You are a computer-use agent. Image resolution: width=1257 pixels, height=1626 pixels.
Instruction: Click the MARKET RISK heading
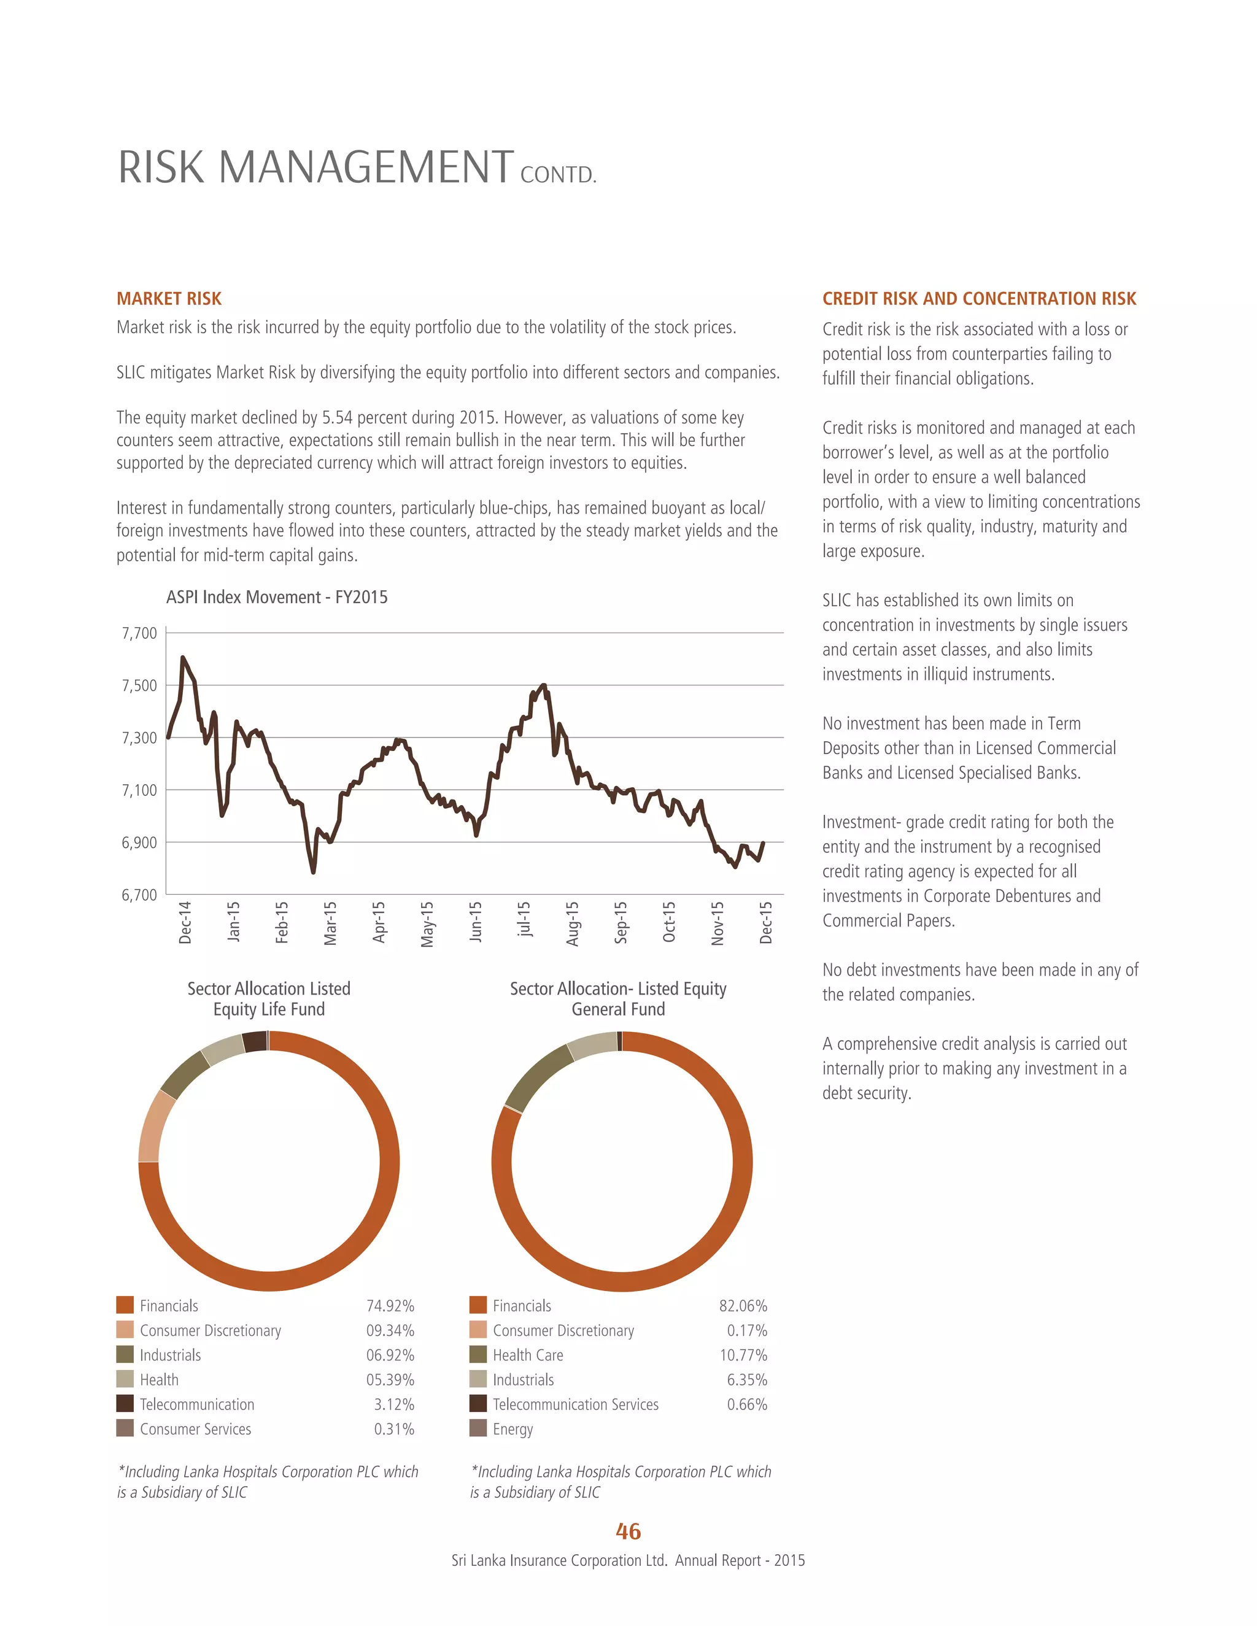pyautogui.click(x=169, y=299)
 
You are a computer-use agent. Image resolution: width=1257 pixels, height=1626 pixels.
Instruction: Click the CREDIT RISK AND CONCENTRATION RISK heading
pyautogui.click(x=978, y=299)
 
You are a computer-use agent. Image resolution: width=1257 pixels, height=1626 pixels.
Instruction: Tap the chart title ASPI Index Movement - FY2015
pyautogui.click(x=276, y=597)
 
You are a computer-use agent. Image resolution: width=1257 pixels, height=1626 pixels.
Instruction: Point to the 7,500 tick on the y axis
pyautogui.click(x=139, y=685)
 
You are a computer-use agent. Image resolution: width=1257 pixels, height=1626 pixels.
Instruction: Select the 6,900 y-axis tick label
pyautogui.click(x=139, y=842)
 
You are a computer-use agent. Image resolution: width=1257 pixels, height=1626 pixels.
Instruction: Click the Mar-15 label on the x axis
pyautogui.click(x=330, y=923)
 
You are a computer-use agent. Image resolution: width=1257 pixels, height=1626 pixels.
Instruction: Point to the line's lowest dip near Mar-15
pyautogui.click(x=314, y=872)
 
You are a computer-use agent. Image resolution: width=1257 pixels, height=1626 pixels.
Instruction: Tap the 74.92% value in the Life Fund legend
pyautogui.click(x=390, y=1306)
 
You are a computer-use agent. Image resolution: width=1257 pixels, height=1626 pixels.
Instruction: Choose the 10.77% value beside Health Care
pyautogui.click(x=743, y=1355)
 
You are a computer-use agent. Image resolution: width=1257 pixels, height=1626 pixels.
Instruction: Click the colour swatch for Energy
pyautogui.click(x=478, y=1428)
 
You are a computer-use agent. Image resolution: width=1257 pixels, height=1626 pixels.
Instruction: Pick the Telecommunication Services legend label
pyautogui.click(x=575, y=1404)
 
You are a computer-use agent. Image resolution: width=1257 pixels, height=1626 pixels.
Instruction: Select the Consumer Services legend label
pyautogui.click(x=195, y=1428)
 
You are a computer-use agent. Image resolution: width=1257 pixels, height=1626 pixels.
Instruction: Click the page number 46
pyautogui.click(x=628, y=1532)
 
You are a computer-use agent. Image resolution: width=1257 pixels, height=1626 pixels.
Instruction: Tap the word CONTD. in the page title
pyautogui.click(x=558, y=175)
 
